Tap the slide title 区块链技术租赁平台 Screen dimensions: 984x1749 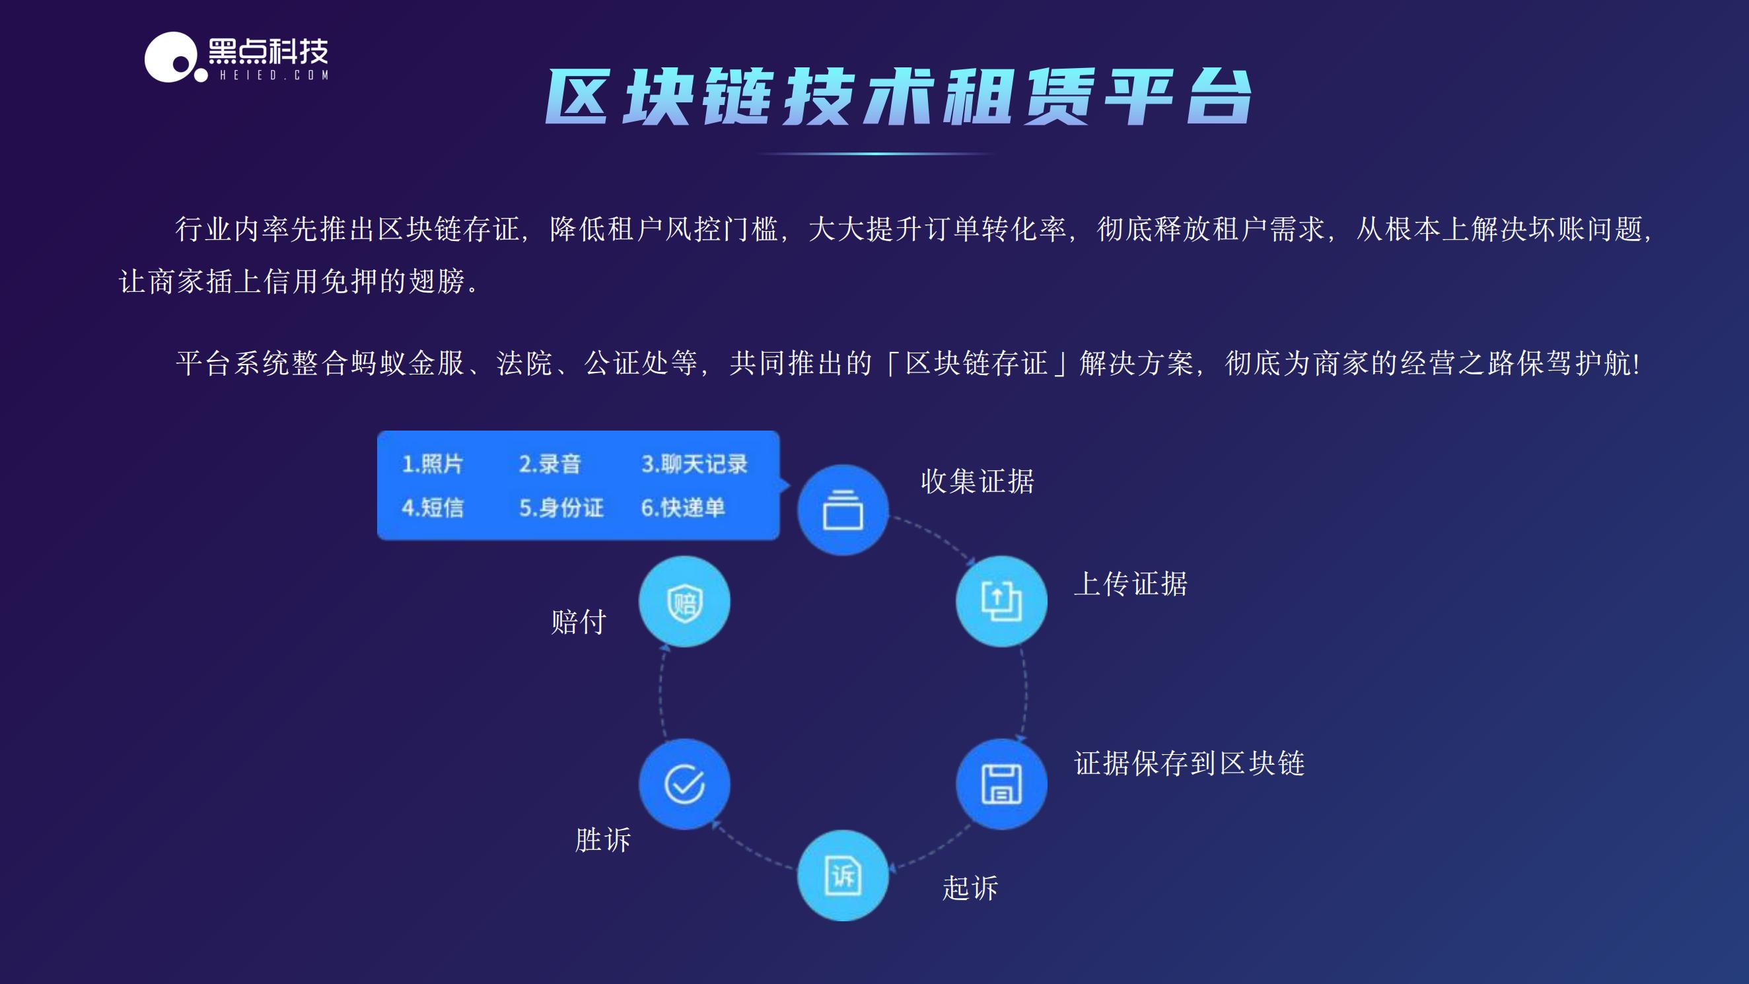(898, 96)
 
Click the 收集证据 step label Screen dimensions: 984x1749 (977, 481)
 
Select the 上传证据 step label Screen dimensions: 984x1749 (1130, 584)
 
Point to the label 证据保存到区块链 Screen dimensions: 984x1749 (1189, 763)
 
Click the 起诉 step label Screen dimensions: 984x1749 (970, 888)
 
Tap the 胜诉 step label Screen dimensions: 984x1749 (602, 840)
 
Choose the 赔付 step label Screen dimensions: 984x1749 (578, 622)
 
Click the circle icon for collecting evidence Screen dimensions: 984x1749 (843, 510)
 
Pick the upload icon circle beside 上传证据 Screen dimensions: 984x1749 (1001, 601)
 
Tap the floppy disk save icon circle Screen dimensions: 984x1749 (1001, 784)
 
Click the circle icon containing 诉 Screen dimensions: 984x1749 (843, 875)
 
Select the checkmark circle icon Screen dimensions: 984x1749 (684, 784)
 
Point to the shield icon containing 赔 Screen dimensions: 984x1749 (684, 602)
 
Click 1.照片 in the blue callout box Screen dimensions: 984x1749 (433, 464)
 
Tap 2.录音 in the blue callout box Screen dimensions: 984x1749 (550, 464)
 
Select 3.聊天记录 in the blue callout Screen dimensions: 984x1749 (694, 464)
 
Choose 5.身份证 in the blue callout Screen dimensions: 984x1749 (561, 508)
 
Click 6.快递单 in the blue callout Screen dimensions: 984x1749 (682, 508)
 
